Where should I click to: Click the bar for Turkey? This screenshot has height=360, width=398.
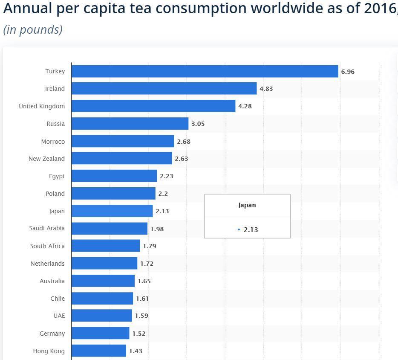(205, 71)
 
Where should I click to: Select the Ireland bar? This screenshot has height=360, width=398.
(164, 89)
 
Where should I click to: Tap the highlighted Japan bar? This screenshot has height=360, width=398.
(112, 211)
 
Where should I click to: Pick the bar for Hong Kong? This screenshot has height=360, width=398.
(99, 351)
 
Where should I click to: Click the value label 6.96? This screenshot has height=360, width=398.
(348, 72)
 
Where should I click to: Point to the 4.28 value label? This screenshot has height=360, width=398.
(245, 106)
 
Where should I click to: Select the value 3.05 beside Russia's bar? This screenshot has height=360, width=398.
(198, 124)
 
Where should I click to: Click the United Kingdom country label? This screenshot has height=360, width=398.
(42, 106)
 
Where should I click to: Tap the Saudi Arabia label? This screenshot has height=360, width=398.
(47, 228)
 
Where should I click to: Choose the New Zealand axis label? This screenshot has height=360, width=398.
(46, 159)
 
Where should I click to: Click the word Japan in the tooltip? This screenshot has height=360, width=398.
(247, 205)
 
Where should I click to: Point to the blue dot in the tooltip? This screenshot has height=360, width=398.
(239, 229)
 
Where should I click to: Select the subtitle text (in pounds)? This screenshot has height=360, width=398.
(33, 29)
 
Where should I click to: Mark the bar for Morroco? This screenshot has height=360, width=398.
(123, 141)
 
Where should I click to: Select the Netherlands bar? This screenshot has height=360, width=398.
(104, 263)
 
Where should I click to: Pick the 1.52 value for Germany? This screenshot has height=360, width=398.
(139, 334)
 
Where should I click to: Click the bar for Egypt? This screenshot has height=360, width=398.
(114, 176)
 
